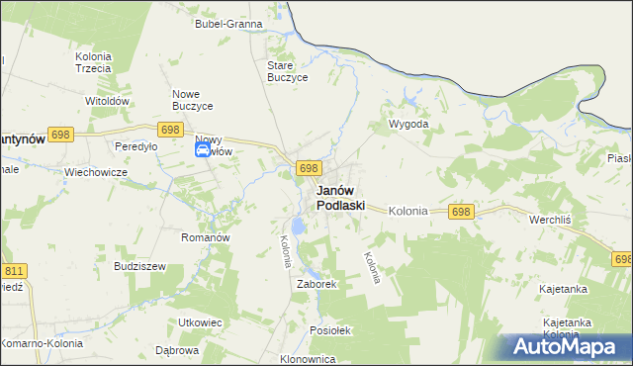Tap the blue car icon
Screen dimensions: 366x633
(202, 149)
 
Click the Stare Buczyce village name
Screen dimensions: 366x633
(288, 71)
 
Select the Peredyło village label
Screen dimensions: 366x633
(136, 146)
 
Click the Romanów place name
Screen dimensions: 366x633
(205, 237)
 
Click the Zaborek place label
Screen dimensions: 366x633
(317, 284)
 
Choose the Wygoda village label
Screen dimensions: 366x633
(408, 125)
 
